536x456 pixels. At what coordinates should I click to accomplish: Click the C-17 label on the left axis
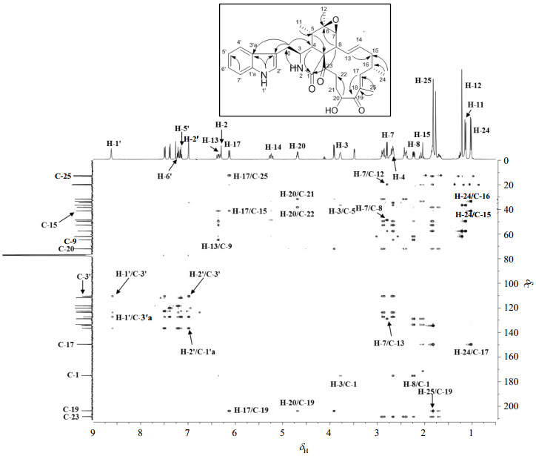coord(68,345)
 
